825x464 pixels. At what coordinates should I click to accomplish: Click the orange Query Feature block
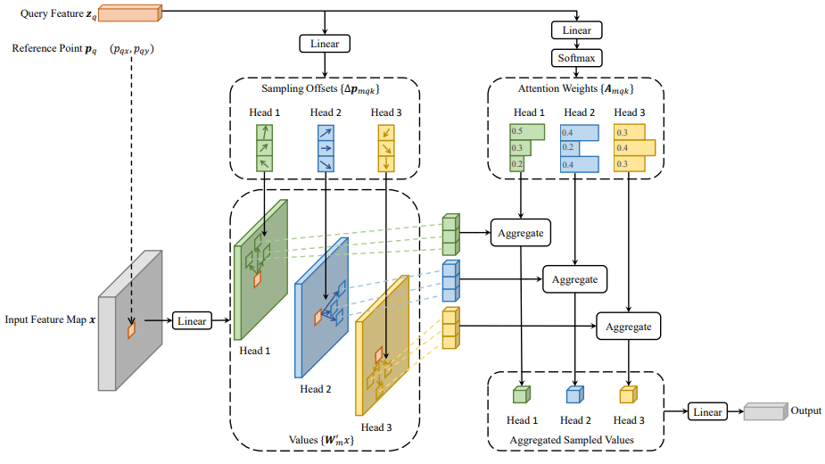[130, 12]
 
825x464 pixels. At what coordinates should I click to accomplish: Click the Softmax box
[577, 58]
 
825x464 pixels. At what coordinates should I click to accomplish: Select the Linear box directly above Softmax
[577, 30]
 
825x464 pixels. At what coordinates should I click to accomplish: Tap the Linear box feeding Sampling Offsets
[325, 44]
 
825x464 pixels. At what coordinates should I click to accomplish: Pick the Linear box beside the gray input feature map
[192, 320]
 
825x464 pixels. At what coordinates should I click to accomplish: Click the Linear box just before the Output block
[707, 412]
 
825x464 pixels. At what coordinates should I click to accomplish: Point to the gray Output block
[765, 411]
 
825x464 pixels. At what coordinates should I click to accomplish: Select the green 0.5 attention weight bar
[527, 132]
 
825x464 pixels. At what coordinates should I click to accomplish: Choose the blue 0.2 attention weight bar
[570, 148]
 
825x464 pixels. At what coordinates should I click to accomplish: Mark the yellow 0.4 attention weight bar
[634, 148]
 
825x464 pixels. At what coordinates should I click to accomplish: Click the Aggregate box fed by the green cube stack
[521, 233]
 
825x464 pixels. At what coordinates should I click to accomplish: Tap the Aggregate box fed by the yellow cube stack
[628, 327]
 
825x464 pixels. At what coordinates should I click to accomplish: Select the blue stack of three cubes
[451, 281]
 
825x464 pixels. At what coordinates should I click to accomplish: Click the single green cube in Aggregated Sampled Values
[522, 394]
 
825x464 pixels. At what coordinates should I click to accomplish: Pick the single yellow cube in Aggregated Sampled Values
[628, 394]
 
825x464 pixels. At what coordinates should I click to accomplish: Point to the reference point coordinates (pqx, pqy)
[131, 49]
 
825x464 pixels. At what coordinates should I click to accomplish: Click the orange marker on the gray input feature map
[131, 329]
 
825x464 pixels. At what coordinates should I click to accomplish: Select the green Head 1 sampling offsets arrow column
[264, 148]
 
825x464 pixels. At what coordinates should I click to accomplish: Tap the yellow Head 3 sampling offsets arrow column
[386, 148]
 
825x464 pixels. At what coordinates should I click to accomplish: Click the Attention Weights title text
[575, 89]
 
